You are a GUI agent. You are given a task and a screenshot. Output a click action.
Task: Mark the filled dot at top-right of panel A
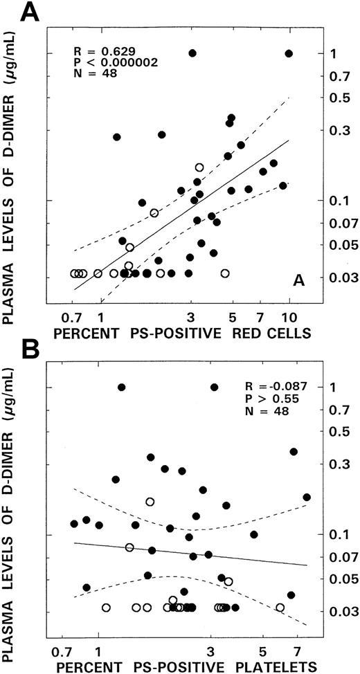tap(289, 53)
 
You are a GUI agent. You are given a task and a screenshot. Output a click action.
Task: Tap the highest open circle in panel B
tap(150, 502)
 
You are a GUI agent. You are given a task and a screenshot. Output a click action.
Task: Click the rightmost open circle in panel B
tap(280, 607)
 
